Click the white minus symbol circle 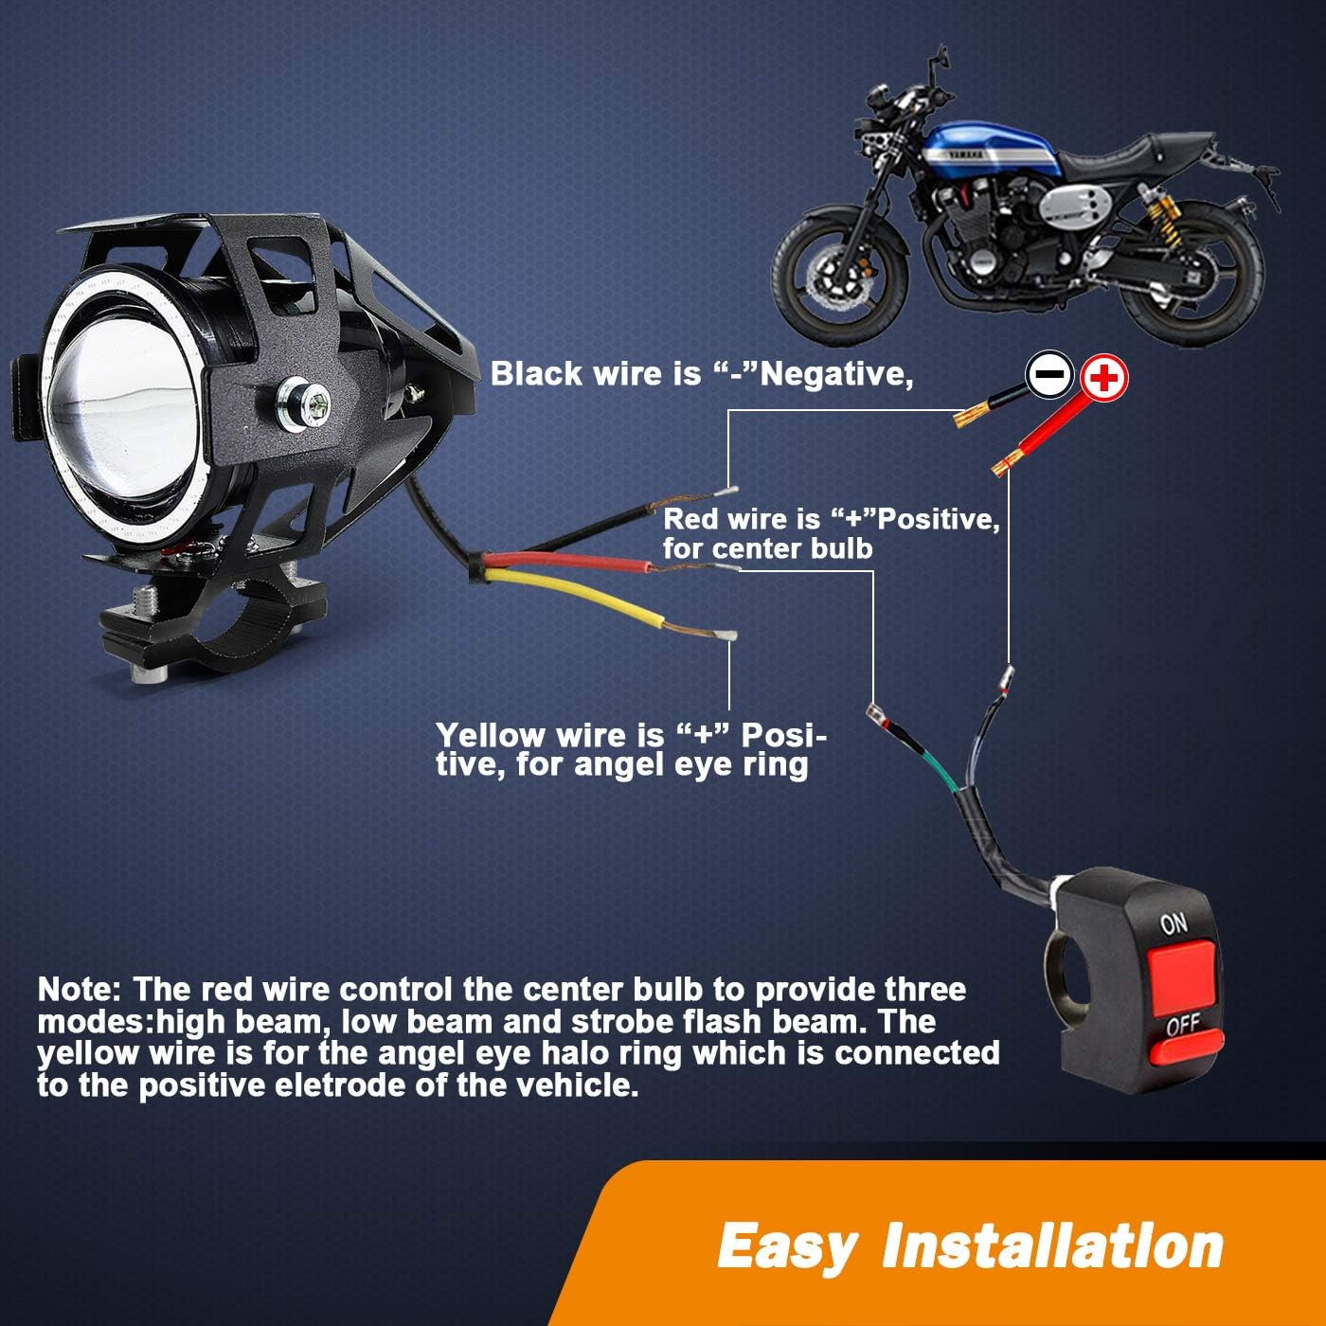pyautogui.click(x=1050, y=376)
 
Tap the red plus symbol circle pyautogui.click(x=1104, y=377)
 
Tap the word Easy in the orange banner pyautogui.click(x=785, y=1245)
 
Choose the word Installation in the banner pyautogui.click(x=1051, y=1245)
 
